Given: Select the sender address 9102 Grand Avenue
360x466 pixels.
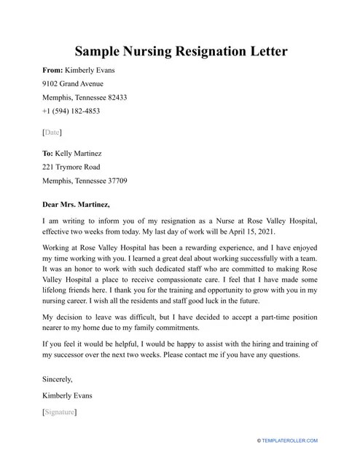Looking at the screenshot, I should [73, 84].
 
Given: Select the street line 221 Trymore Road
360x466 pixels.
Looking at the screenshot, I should [70, 167].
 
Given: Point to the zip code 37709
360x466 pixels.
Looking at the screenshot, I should [113, 181].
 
